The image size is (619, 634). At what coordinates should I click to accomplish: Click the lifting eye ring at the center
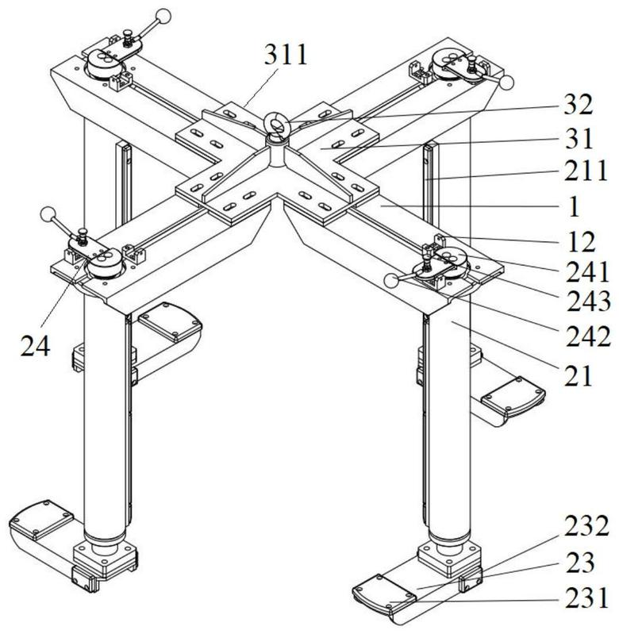279,124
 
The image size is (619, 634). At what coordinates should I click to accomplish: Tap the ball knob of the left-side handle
48,214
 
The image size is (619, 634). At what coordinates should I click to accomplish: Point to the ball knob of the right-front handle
391,279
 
